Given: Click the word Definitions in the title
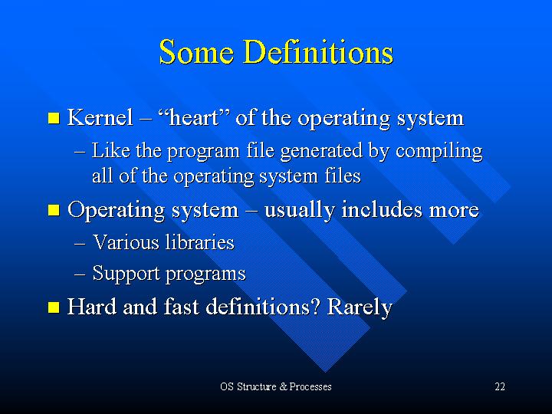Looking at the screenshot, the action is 318,52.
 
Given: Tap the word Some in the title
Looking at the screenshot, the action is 196,52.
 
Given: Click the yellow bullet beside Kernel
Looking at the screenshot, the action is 54,118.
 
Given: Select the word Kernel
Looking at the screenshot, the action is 100,117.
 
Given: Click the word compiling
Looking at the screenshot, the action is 439,152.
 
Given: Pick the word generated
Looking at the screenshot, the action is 321,152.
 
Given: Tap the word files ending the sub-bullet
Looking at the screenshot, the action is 343,176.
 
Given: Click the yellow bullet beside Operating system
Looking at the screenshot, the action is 54,211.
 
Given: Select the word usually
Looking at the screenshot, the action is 299,211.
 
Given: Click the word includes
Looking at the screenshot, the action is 382,209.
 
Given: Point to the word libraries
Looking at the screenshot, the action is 199,242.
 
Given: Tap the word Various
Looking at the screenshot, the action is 126,242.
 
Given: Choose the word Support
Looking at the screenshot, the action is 126,274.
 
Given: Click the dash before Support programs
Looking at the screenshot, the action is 80,274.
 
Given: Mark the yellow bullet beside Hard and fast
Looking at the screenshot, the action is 54,307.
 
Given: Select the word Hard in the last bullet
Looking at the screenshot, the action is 91,306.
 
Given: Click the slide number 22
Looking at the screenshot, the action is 500,386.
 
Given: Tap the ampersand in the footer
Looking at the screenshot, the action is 284,386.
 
